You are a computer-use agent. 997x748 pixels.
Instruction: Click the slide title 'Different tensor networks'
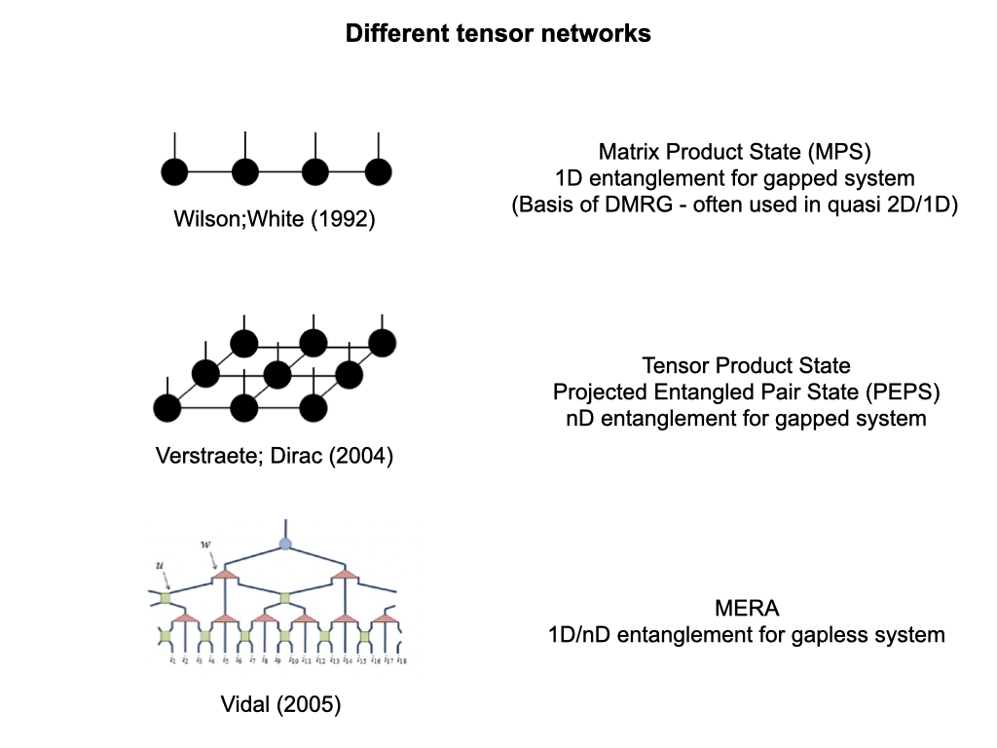pyautogui.click(x=498, y=34)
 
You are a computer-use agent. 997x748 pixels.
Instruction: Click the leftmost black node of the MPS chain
pyautogui.click(x=174, y=172)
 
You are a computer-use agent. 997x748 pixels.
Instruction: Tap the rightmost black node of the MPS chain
pyautogui.click(x=378, y=172)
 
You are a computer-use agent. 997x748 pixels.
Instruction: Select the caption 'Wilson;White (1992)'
pyautogui.click(x=274, y=219)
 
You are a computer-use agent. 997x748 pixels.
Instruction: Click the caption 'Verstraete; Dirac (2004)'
pyautogui.click(x=275, y=456)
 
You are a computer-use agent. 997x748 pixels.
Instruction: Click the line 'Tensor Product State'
pyautogui.click(x=746, y=366)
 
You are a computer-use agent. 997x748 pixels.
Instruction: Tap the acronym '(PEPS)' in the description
pyautogui.click(x=904, y=393)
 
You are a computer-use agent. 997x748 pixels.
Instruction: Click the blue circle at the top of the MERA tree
pyautogui.click(x=285, y=543)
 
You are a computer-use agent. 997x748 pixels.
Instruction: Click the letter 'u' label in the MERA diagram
pyautogui.click(x=160, y=564)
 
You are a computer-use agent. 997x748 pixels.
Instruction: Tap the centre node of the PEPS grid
pyautogui.click(x=277, y=373)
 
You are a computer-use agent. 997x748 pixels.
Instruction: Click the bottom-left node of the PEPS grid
pyautogui.click(x=167, y=407)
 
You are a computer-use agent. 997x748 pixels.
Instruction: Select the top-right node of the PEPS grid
pyautogui.click(x=383, y=342)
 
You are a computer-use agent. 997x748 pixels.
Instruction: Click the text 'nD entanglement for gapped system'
pyautogui.click(x=746, y=419)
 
